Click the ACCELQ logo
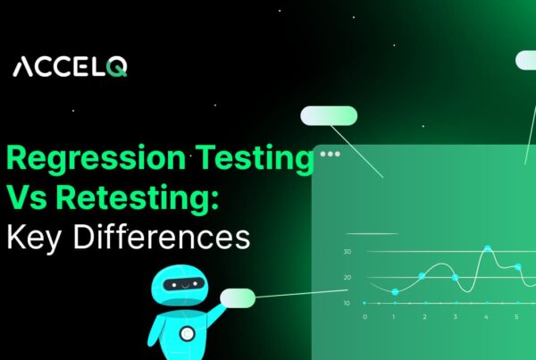(71, 67)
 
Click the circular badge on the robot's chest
(187, 333)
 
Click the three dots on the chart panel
(331, 154)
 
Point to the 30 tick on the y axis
(347, 252)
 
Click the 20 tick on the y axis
(347, 277)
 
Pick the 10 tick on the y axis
(347, 303)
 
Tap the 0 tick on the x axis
(364, 316)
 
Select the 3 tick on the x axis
(455, 316)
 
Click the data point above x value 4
(487, 248)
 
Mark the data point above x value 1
(395, 292)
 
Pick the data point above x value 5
(517, 266)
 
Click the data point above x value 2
(422, 275)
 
